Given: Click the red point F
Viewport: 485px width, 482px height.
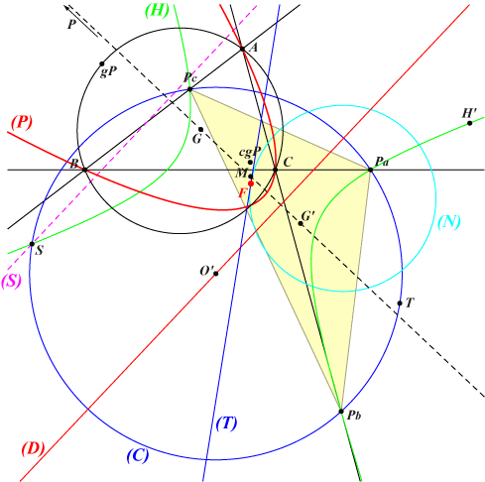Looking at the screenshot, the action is point(251,183).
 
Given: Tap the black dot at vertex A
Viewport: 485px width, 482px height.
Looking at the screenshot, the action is point(242,49).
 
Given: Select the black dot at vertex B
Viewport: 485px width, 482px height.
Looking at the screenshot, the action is point(84,170).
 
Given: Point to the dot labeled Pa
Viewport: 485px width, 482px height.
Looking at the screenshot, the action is point(371,170).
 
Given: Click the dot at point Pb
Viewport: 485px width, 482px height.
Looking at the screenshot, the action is point(341,412).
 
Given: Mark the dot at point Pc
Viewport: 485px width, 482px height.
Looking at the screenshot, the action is point(189,89).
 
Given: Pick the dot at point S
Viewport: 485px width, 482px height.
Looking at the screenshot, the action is point(32,244).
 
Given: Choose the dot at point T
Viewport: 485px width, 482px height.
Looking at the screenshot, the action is point(400,303).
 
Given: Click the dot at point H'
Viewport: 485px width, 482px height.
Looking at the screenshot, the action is point(470,123).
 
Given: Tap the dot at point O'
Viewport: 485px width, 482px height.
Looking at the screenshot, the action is point(216,274).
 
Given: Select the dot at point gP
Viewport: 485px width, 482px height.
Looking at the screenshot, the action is point(102,63).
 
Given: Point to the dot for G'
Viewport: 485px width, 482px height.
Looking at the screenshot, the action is point(301,223).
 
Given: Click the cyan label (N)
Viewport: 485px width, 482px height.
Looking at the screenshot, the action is point(449,222).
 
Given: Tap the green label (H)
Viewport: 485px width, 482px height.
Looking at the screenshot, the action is point(157,11).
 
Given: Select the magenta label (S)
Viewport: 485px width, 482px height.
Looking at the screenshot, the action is point(12,282).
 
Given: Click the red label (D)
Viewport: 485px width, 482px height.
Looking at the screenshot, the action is point(33,449).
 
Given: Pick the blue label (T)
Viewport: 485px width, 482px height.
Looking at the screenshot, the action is point(226,422).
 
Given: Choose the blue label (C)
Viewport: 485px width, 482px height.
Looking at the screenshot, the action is point(138,455).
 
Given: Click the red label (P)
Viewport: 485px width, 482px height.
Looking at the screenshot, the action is point(22,123).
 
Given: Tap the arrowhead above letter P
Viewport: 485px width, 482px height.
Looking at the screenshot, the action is point(66,7).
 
